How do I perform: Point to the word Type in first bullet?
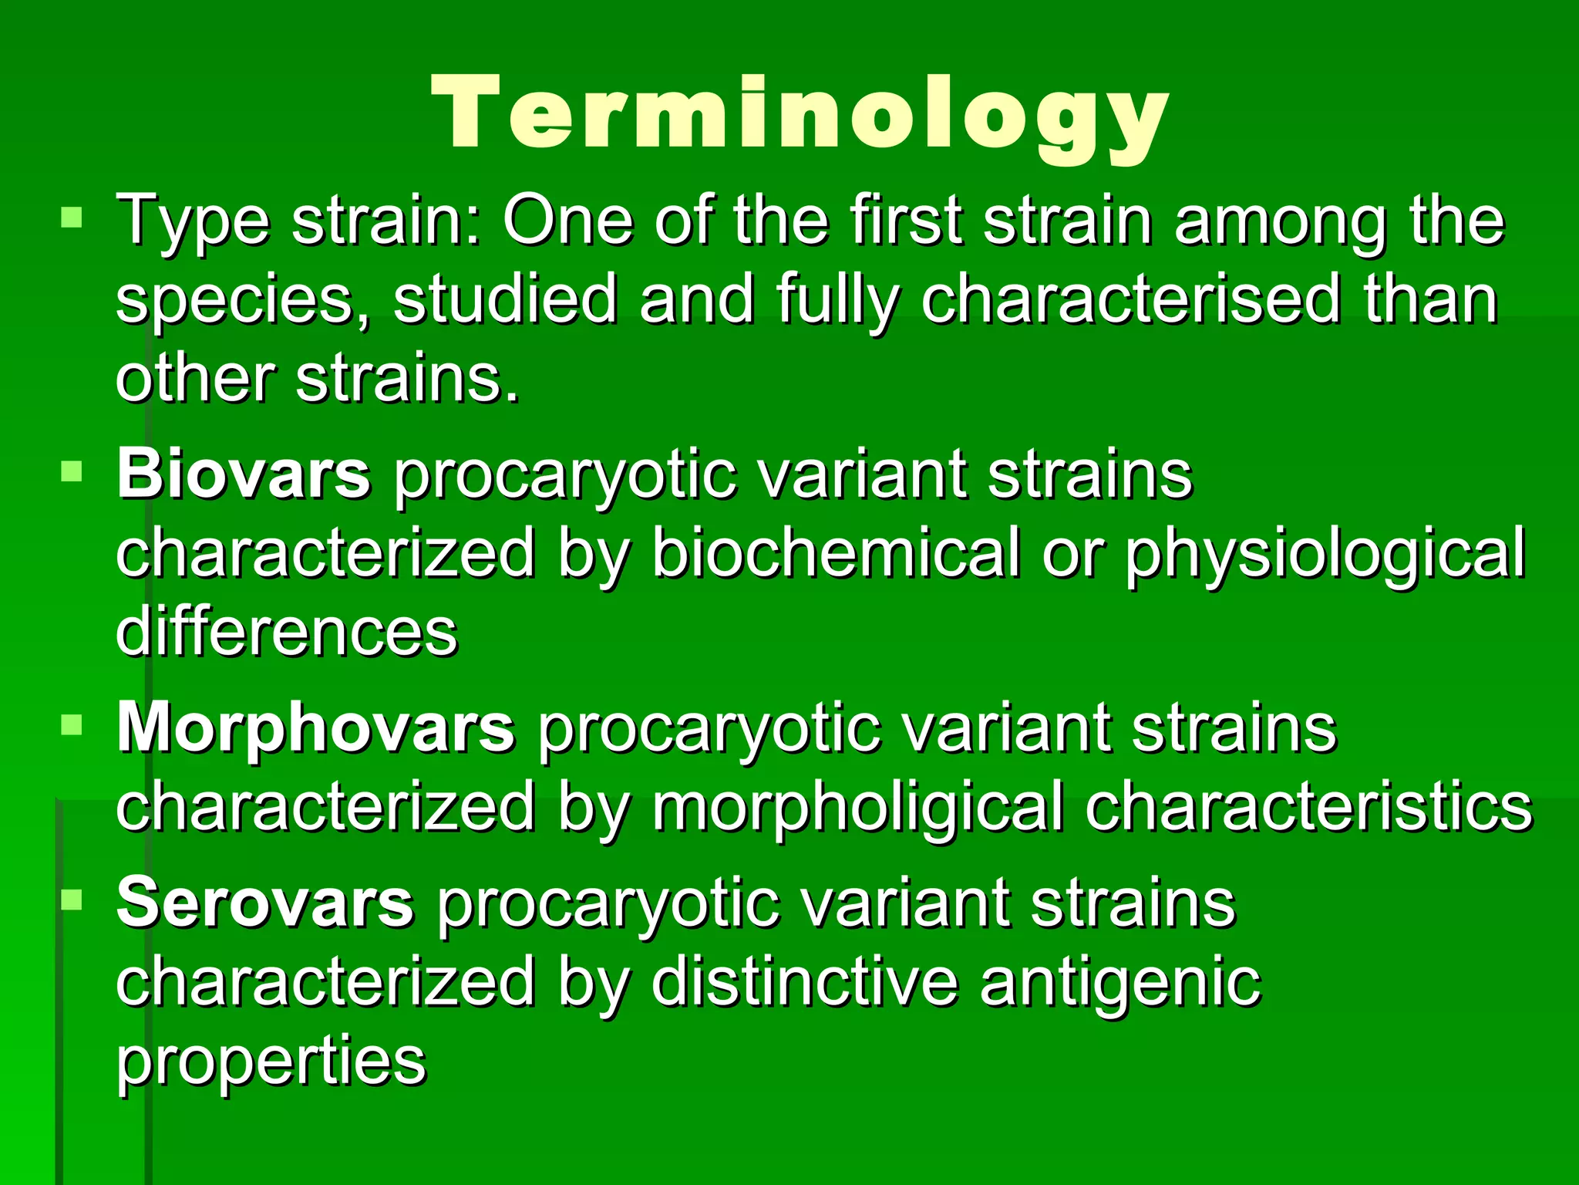[x=193, y=221]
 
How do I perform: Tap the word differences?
[x=287, y=631]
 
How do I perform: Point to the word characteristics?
[x=1309, y=806]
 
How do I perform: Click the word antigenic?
[x=1120, y=984]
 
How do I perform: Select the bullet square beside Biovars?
[x=71, y=470]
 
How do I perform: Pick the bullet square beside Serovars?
[x=71, y=899]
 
